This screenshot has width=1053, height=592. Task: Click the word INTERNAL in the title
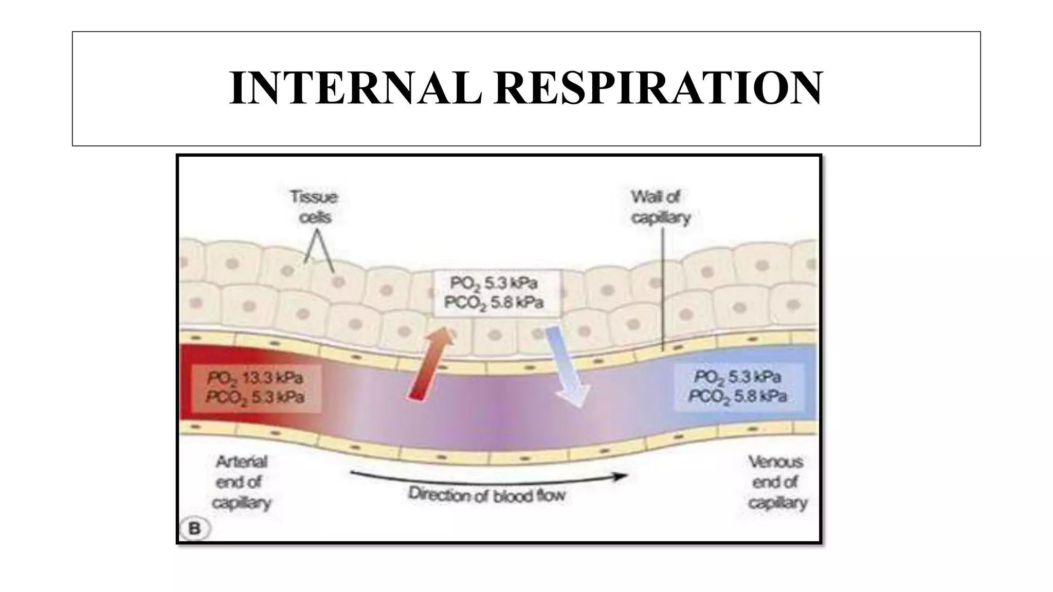[355, 88]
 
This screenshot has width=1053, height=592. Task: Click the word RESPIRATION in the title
[659, 88]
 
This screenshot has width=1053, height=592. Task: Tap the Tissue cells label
[314, 207]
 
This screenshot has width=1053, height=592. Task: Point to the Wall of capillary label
[660, 207]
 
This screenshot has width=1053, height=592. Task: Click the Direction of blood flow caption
[486, 495]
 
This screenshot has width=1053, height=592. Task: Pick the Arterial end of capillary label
[242, 482]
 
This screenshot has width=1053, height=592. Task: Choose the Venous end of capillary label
[776, 482]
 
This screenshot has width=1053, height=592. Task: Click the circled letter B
[195, 528]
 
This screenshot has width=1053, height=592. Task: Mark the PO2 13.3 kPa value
[255, 378]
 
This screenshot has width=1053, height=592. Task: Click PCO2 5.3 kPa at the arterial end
[255, 397]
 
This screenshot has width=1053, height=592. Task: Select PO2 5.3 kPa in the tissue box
[494, 283]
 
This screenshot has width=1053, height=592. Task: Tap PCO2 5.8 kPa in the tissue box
[494, 303]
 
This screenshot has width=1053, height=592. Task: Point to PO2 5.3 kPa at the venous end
[738, 377]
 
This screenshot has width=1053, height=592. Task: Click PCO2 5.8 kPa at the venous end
[738, 396]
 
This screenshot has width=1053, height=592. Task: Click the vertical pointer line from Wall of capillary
[663, 288]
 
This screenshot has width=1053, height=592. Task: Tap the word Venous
[775, 462]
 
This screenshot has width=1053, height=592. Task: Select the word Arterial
[242, 462]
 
